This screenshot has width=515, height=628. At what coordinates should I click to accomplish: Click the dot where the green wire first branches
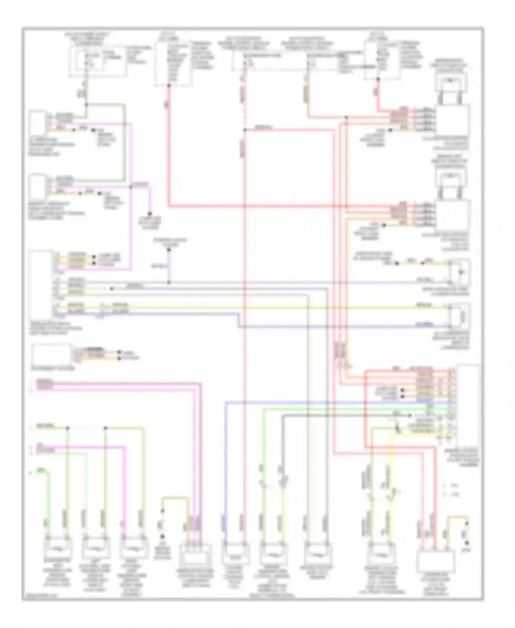tap(86, 104)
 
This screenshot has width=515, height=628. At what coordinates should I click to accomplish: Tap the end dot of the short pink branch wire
tap(150, 214)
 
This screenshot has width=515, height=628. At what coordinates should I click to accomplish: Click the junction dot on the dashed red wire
tap(245, 130)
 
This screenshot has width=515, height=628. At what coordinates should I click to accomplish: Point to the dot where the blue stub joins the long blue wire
tap(169, 282)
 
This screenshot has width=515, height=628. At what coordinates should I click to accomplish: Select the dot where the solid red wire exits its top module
tap(169, 85)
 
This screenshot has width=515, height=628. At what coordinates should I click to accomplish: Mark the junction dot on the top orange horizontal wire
tap(346, 118)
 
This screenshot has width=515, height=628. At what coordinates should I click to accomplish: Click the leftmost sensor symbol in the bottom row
tap(58, 549)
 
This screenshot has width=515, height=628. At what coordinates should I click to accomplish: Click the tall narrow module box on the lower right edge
tap(468, 405)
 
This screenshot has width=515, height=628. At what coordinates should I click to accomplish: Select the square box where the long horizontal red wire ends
tap(453, 215)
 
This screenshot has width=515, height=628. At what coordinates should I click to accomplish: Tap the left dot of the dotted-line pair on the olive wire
tap(68, 428)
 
